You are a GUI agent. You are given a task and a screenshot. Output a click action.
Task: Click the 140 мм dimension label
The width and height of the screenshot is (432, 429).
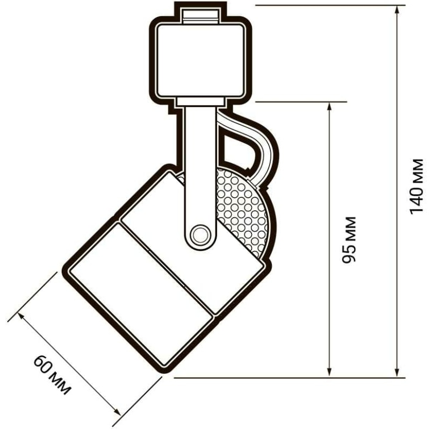(x=416, y=186)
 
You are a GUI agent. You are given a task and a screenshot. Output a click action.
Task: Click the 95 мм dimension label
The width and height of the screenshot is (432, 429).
(x=349, y=240)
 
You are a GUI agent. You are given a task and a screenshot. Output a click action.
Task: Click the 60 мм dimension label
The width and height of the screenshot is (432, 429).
(x=52, y=375)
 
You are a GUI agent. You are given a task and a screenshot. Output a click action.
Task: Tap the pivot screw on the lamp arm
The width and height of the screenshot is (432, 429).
(x=200, y=235)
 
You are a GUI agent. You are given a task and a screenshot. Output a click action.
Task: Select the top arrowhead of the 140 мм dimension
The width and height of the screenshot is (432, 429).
(x=397, y=11)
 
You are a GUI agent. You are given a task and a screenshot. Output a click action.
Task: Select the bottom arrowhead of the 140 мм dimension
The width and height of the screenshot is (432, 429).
(x=397, y=372)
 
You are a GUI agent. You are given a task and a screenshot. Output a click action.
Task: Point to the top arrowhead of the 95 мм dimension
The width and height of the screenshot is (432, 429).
(x=329, y=108)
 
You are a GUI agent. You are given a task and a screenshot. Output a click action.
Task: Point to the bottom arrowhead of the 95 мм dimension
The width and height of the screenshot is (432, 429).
(x=329, y=372)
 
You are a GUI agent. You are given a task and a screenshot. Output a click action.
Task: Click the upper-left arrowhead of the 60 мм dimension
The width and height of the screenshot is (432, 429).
(x=22, y=317)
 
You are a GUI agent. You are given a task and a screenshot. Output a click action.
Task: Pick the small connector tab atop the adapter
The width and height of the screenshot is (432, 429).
(x=201, y=16)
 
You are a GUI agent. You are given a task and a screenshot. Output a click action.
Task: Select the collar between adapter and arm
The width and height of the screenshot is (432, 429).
(x=200, y=101)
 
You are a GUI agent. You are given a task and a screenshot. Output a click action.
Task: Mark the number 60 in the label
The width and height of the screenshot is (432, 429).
(x=44, y=364)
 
